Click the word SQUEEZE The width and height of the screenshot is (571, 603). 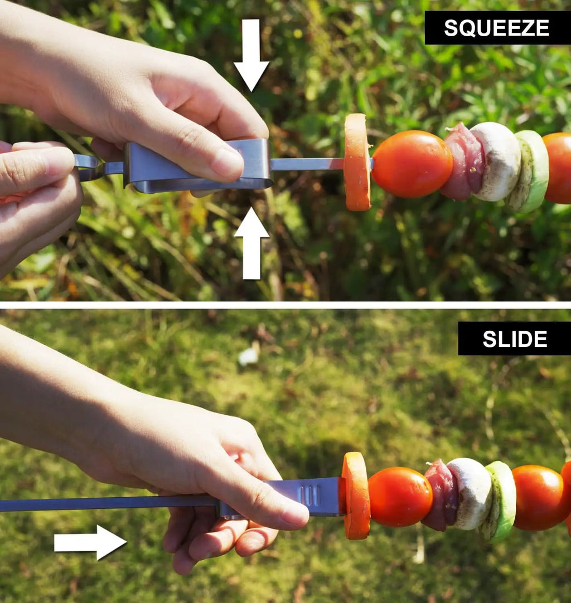[x=496, y=28]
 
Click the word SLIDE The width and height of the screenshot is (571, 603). [x=515, y=339]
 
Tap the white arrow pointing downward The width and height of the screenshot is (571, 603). [x=251, y=55]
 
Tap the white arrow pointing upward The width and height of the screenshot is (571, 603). [x=251, y=243]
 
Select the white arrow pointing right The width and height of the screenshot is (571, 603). [x=90, y=542]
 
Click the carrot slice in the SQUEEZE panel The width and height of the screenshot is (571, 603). [x=357, y=162]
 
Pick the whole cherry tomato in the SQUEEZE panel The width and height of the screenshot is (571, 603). [x=412, y=164]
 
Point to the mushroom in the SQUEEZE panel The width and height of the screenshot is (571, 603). [x=496, y=161]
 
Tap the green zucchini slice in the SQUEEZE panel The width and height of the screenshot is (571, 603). [x=529, y=171]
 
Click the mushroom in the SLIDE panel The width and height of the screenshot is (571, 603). [x=471, y=493]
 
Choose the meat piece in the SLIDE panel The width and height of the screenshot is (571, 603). [x=441, y=495]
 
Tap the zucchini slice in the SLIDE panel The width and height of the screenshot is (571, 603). [x=499, y=501]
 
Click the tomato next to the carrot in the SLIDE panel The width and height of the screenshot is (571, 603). [x=400, y=497]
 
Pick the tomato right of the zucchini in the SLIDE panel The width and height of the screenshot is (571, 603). [x=539, y=497]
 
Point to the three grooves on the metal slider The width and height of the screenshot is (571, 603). [x=311, y=496]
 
